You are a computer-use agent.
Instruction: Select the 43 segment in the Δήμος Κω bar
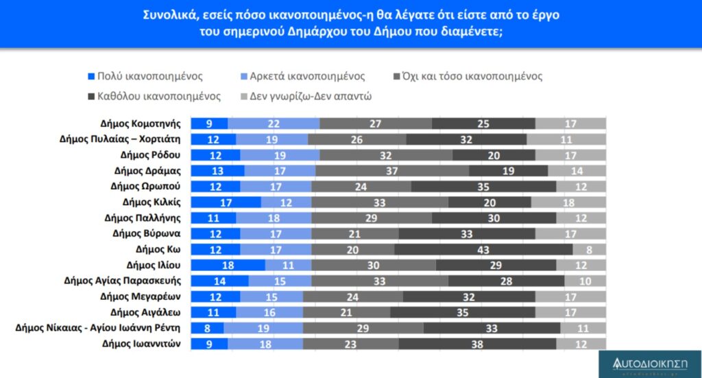tap(483, 249)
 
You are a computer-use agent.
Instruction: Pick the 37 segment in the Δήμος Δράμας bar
tap(391, 171)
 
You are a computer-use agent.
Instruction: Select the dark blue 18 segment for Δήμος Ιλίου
tap(228, 265)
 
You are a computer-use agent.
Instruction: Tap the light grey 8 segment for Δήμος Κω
tap(589, 249)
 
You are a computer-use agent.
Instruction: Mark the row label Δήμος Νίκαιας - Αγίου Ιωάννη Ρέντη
tap(98, 328)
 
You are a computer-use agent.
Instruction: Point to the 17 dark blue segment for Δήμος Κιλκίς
tap(226, 202)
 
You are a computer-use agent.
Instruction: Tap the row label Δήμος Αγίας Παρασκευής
tap(122, 281)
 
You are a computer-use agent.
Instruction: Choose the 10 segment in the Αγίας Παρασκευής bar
tap(585, 281)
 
